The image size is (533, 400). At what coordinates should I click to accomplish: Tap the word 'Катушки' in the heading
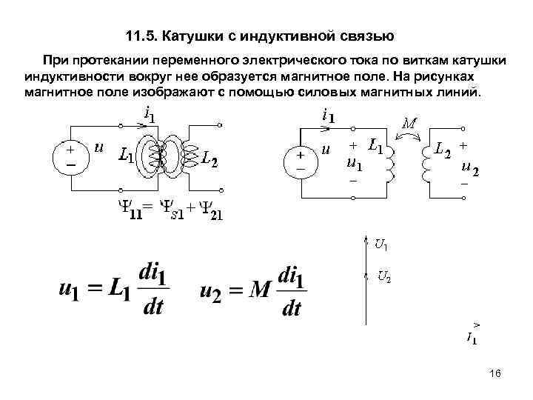coord(194,35)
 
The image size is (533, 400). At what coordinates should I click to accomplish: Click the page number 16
coord(495,374)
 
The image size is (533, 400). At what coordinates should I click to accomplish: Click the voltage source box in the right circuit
coord(301,161)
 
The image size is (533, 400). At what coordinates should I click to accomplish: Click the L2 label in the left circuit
coord(209,158)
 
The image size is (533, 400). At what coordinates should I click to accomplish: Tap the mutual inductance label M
coord(409,123)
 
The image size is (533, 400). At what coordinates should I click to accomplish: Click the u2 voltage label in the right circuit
coord(469,170)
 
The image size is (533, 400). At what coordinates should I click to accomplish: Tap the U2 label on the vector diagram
coord(384,277)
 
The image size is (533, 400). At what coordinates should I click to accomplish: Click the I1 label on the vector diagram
coord(472,339)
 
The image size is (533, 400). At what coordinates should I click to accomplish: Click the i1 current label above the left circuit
coord(149,116)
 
